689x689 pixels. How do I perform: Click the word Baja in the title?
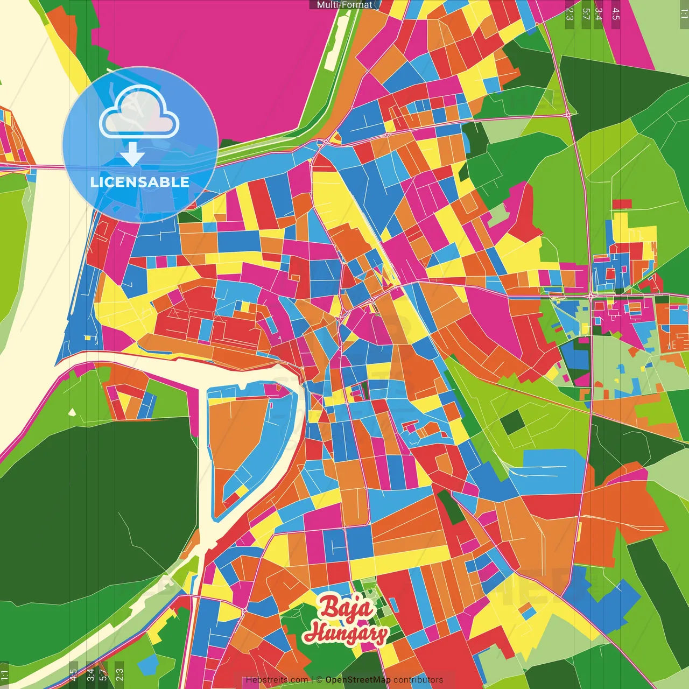point(346,608)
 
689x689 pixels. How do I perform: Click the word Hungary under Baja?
point(346,633)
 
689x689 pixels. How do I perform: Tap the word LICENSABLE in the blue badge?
point(139,182)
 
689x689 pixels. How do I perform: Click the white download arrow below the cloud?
point(132,154)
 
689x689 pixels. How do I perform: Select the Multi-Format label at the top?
point(344,5)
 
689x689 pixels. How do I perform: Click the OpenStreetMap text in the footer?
point(358,680)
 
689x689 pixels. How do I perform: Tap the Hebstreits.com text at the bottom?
point(277,680)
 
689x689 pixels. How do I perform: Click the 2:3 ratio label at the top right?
point(570,13)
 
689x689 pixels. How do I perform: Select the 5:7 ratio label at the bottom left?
point(103,674)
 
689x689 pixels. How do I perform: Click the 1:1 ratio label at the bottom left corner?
point(4,674)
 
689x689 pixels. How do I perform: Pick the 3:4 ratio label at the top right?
point(599,13)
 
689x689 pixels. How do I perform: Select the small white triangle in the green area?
point(72,412)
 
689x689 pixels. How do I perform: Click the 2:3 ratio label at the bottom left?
point(119,674)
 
